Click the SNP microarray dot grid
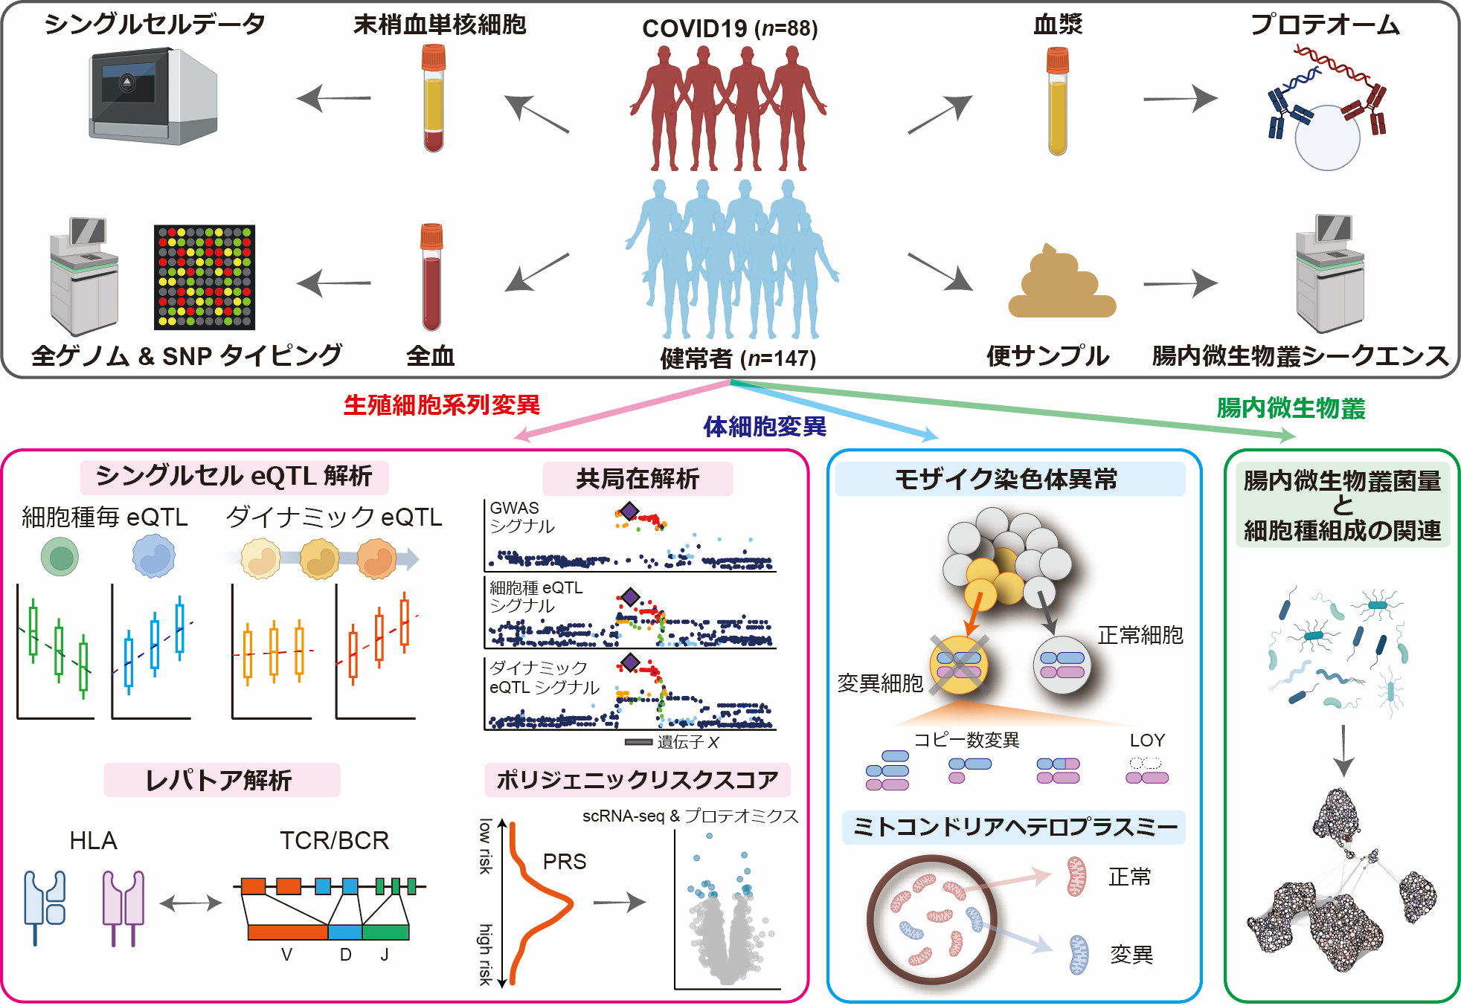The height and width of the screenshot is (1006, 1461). pos(205,277)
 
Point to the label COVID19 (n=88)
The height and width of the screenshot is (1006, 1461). pos(730,28)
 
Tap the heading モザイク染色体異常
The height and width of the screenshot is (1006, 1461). pos(1006,480)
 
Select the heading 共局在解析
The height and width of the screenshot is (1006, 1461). pos(638,479)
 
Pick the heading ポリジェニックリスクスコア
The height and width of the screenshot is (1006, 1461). pos(637,780)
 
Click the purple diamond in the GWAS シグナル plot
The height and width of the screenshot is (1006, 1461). pos(629,511)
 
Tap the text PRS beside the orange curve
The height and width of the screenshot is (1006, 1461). pos(565,862)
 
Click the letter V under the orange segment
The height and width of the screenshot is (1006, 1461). pos(286,955)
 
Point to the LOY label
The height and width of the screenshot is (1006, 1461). pos(1147,741)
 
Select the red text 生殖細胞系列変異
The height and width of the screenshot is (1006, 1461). pos(442,405)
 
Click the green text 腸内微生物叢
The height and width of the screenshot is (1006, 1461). pos(1291,408)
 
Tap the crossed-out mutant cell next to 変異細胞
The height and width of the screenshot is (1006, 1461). pos(958,664)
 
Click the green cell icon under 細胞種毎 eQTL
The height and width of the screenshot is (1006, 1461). pos(60,558)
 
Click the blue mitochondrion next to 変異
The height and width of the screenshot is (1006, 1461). pos(1078,955)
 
